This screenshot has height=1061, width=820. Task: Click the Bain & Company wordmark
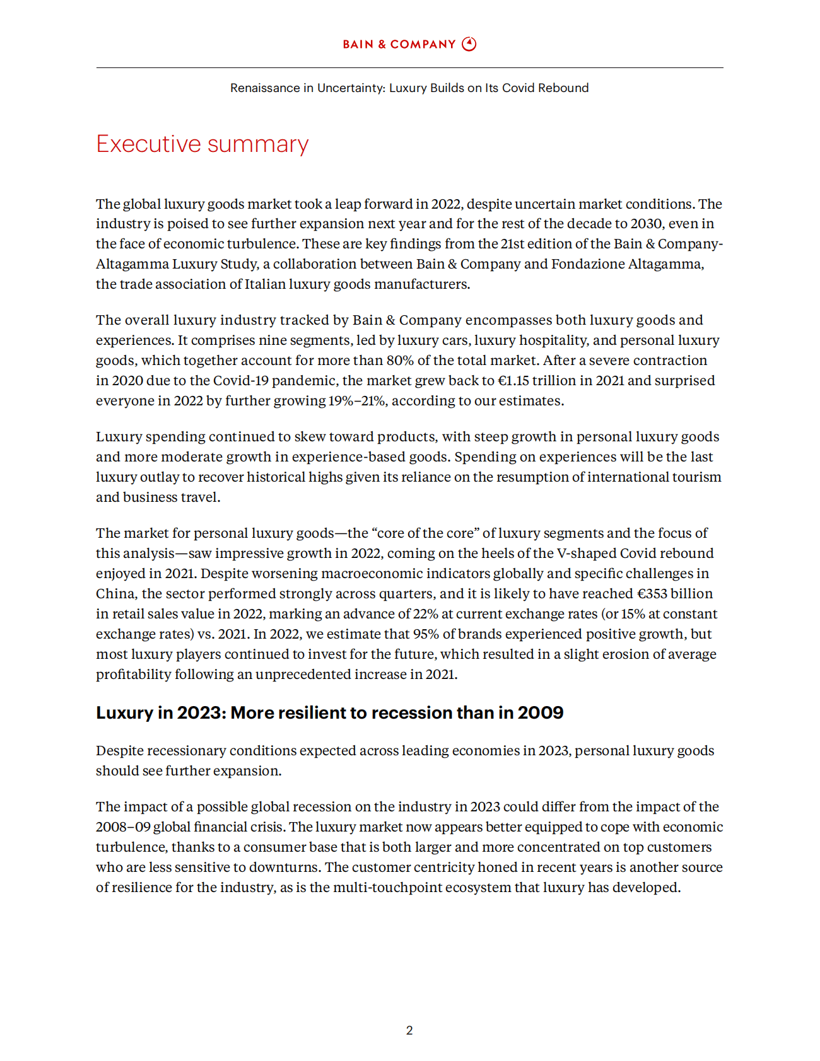click(399, 44)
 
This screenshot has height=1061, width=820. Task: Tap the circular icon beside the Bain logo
click(469, 44)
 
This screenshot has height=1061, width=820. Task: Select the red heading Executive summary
click(202, 144)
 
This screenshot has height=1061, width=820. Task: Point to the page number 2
click(409, 1030)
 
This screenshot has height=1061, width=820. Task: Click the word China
click(115, 594)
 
